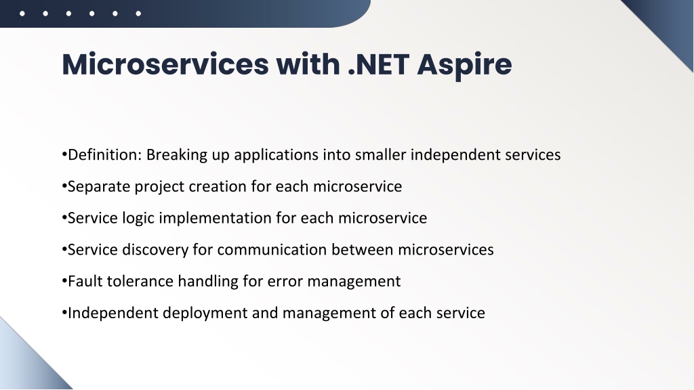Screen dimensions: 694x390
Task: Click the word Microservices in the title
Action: click(x=165, y=64)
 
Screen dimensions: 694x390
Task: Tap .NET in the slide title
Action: click(x=378, y=64)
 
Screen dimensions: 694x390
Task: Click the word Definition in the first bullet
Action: click(x=104, y=155)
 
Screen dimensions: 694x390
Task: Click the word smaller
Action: click(x=380, y=155)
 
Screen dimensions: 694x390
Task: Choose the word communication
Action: click(x=272, y=250)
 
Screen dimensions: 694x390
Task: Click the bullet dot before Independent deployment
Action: click(x=64, y=313)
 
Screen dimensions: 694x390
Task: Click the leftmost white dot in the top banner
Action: click(x=22, y=14)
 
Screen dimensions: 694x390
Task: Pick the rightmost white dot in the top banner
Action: click(x=138, y=14)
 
